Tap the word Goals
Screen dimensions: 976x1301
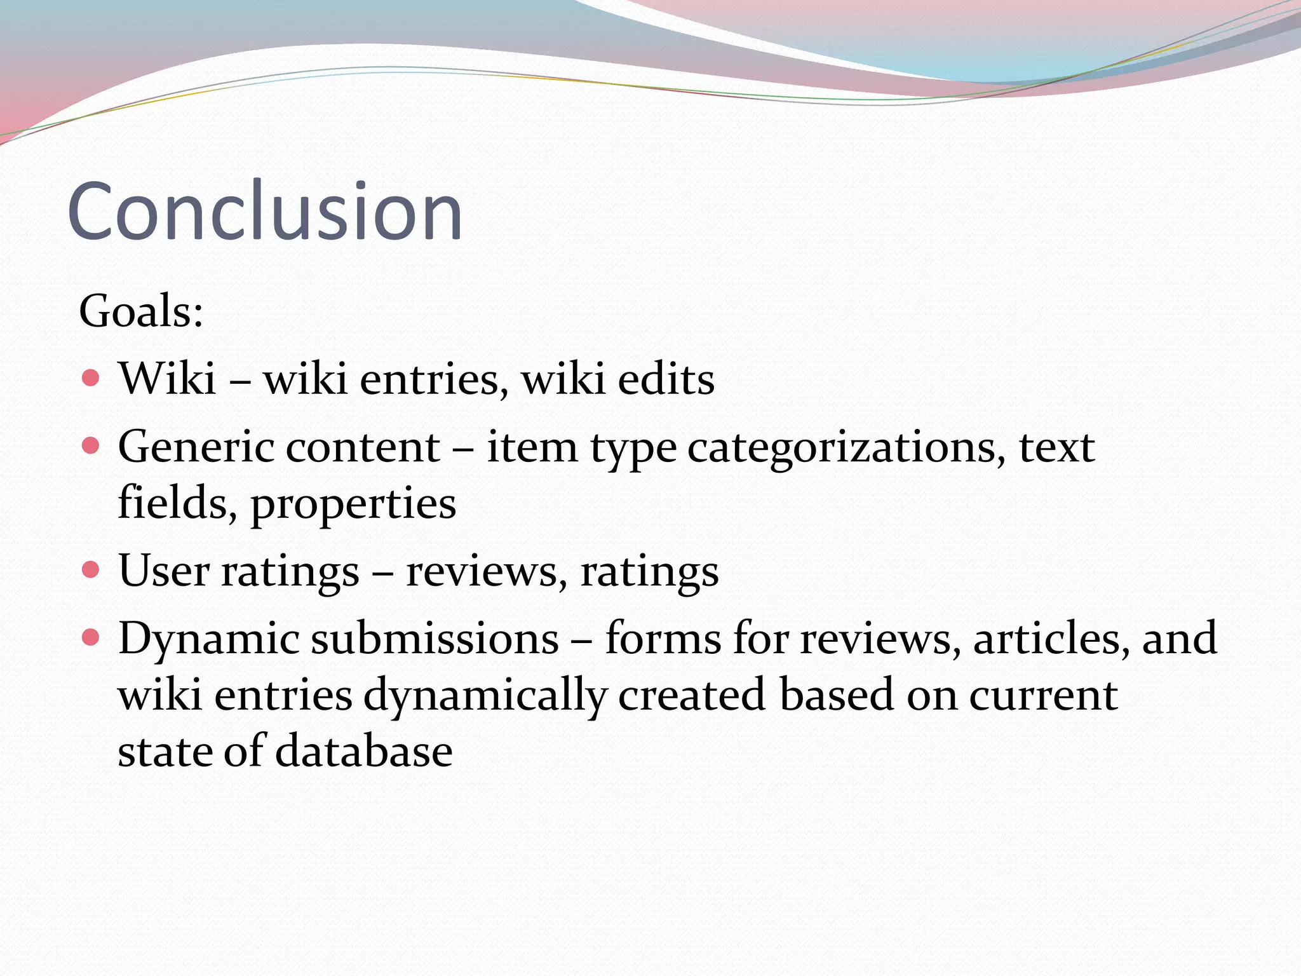140,311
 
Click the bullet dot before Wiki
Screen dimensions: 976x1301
91,378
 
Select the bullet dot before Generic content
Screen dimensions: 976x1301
91,445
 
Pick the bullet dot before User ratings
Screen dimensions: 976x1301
91,569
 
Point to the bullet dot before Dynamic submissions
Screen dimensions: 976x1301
91,637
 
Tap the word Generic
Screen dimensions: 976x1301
196,447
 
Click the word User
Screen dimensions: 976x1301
163,570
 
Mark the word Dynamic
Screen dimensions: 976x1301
208,639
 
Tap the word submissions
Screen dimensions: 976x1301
435,638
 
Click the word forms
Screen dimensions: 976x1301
663,638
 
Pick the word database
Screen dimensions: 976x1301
364,750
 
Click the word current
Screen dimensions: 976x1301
1043,696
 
